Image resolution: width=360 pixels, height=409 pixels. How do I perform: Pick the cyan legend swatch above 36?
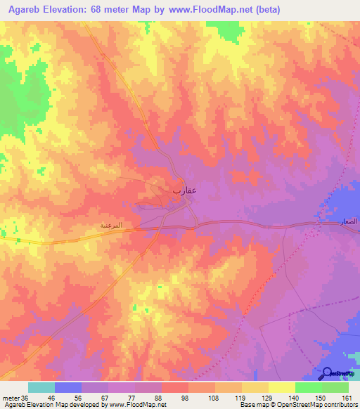[41, 387]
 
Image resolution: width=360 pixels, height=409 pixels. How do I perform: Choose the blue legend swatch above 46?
[68, 387]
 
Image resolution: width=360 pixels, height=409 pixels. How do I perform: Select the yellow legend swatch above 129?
[255, 387]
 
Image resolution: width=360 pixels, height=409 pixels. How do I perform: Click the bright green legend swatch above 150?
[309, 387]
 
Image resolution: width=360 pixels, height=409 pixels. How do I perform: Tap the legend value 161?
[345, 397]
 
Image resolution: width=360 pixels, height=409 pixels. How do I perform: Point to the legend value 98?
[185, 397]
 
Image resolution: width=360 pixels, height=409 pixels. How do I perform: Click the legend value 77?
[131, 397]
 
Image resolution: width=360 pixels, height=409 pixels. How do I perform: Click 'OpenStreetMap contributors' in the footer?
[324, 405]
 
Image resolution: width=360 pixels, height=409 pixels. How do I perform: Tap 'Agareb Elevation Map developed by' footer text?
[53, 405]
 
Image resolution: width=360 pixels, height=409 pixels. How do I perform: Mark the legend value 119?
[238, 397]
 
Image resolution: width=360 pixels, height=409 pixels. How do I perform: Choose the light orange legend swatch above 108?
[202, 387]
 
